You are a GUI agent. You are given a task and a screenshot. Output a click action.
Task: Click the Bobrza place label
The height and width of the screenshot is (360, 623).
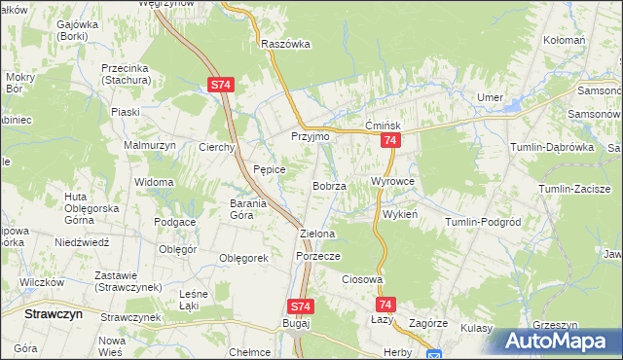coord(329,185)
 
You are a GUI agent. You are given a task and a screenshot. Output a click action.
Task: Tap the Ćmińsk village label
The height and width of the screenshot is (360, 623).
coord(384,126)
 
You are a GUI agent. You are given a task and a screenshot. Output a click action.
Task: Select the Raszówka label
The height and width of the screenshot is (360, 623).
coord(285,44)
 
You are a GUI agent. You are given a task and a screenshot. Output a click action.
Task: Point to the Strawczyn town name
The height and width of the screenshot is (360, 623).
coord(54,314)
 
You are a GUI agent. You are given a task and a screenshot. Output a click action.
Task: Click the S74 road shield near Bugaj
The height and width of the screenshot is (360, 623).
coord(301,306)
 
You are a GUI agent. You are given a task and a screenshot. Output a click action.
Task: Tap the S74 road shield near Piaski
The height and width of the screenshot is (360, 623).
coord(220,86)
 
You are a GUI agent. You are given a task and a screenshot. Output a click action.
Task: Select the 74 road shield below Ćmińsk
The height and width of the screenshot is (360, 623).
coord(389,142)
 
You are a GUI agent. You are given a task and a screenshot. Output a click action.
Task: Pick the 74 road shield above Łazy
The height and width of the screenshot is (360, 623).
coord(385,305)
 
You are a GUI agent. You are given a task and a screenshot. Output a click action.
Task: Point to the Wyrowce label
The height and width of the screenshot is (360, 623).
coord(393,182)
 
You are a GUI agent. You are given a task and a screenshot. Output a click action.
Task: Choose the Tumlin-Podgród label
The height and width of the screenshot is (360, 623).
coord(484,222)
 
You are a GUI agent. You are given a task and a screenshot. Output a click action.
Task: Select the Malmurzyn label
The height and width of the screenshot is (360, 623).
coord(147,145)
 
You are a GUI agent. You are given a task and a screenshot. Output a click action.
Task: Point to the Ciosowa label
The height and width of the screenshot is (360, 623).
coord(361,279)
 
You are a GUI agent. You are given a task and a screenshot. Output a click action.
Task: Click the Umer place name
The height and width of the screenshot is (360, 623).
coord(489,97)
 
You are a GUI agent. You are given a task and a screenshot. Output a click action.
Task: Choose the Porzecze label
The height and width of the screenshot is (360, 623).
coord(317,256)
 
